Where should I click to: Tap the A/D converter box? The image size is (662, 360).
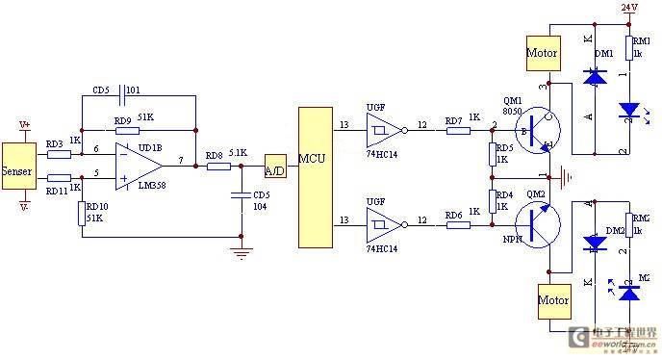(x=275, y=166)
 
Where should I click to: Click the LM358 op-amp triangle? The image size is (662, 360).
(x=135, y=165)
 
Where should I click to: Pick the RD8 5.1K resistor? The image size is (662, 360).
(x=218, y=166)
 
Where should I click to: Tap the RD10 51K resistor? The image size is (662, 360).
(x=83, y=212)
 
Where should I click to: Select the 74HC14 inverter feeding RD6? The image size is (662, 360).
(x=381, y=224)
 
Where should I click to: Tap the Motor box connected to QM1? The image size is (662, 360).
(x=541, y=54)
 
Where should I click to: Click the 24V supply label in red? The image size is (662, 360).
(x=629, y=8)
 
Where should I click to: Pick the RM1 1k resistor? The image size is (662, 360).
(x=629, y=47)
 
